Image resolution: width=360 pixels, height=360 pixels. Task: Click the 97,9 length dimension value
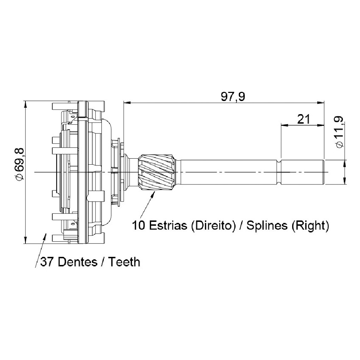point(233,97)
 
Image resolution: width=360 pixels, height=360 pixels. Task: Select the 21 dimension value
point(303,119)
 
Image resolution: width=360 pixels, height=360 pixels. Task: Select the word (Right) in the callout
point(310,226)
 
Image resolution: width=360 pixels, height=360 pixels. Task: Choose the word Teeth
point(124,262)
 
